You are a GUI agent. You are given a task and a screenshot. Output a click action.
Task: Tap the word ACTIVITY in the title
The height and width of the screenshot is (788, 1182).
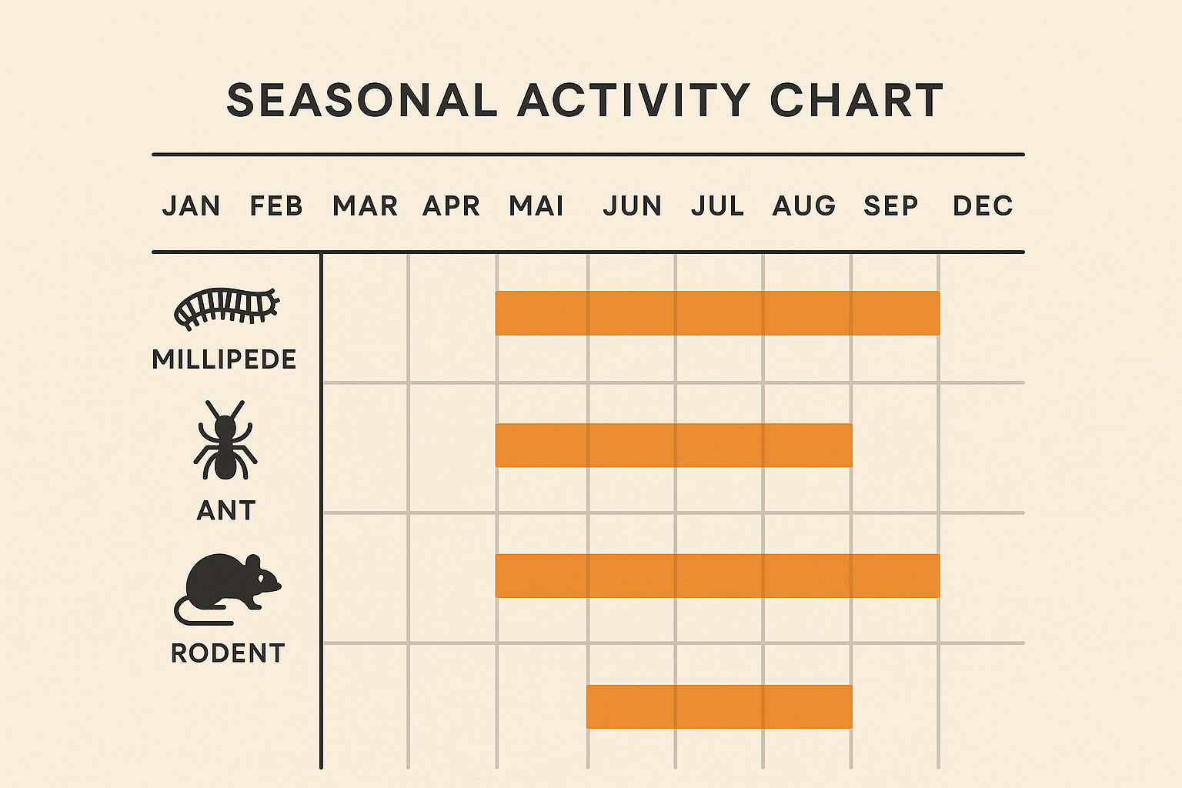633,101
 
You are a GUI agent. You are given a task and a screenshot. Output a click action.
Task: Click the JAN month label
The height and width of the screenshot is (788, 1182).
191,206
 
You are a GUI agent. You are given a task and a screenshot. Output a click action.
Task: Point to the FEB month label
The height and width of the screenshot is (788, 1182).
276,206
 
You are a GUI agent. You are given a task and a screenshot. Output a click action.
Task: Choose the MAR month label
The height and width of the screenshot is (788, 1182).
365,206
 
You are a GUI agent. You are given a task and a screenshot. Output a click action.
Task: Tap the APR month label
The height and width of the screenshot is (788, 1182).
451,206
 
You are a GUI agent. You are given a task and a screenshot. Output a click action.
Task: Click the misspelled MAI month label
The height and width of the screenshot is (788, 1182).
536,206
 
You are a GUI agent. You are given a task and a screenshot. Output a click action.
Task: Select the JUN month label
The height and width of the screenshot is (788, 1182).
632,206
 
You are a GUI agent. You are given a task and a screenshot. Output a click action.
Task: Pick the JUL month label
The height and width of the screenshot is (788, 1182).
717,206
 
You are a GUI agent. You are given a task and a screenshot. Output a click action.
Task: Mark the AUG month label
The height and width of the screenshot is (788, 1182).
804,206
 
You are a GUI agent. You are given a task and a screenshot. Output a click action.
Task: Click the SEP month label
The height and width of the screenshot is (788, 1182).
891,206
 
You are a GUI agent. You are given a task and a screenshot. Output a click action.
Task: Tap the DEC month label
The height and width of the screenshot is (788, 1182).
983,206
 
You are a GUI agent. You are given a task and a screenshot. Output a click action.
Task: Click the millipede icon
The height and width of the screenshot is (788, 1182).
226,308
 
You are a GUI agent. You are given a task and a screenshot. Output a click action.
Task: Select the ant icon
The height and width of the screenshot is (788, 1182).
225,440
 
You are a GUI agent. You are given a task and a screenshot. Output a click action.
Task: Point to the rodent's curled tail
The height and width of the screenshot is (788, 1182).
189,613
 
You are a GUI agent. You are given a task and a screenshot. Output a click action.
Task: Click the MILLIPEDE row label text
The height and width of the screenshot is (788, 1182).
224,359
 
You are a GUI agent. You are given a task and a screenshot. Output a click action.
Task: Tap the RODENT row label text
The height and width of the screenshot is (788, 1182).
228,653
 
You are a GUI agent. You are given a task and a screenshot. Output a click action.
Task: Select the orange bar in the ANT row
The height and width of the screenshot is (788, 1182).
673,446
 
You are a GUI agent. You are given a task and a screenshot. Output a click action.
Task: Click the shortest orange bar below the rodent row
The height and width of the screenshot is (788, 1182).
719,706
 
